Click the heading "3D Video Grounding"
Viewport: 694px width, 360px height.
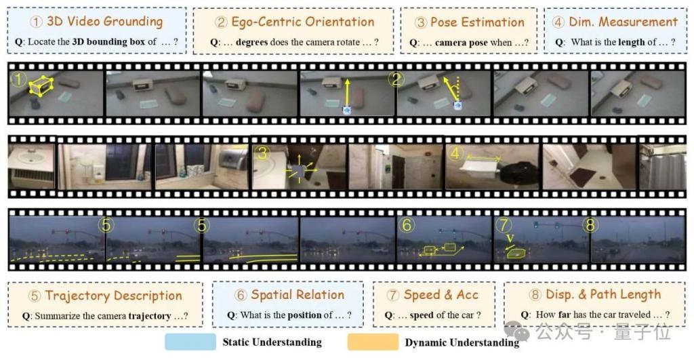105,21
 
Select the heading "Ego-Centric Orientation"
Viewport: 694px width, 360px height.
303,22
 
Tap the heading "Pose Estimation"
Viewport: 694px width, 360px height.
477,22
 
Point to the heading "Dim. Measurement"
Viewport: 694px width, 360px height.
624,22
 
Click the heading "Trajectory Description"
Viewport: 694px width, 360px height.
113,296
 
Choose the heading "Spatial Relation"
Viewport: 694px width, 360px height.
298,294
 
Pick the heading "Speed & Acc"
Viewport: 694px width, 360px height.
441,294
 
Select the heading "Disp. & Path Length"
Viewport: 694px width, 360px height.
603,294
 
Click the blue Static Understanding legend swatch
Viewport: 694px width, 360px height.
190,342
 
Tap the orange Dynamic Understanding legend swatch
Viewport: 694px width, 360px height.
373,342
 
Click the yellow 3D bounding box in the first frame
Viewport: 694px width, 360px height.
41,85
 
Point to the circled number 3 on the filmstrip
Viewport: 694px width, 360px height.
262,153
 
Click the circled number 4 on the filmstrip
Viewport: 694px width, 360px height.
455,154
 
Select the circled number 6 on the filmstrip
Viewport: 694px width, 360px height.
407,225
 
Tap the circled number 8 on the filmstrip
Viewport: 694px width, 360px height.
590,225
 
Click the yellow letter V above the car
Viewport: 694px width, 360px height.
510,239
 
